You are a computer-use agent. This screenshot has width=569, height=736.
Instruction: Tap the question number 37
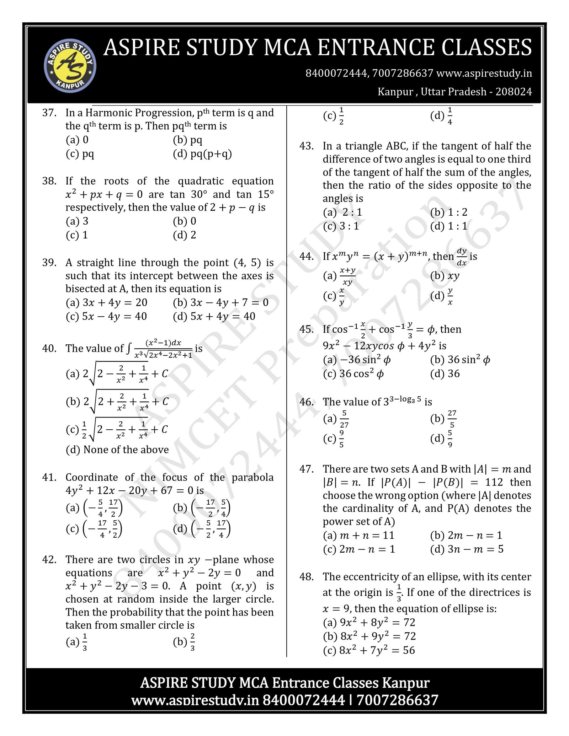[x=49, y=113]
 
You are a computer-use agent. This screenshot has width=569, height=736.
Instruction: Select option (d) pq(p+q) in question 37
[x=202, y=154]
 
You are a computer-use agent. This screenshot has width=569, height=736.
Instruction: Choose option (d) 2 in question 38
[x=184, y=235]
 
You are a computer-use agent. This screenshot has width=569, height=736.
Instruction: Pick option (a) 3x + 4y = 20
[x=106, y=302]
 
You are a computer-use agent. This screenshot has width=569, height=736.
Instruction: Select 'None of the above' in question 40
[x=117, y=450]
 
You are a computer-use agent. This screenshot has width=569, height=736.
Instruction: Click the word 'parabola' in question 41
[x=252, y=477]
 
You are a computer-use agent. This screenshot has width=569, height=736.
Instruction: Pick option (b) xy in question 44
[x=445, y=275]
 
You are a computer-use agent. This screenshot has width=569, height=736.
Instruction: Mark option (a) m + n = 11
[x=358, y=535]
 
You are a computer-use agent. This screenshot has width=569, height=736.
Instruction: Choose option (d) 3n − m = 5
[x=467, y=549]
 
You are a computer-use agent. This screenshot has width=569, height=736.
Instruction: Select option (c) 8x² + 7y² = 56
[x=369, y=650]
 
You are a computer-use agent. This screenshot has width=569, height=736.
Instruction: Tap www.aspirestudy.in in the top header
[x=484, y=73]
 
